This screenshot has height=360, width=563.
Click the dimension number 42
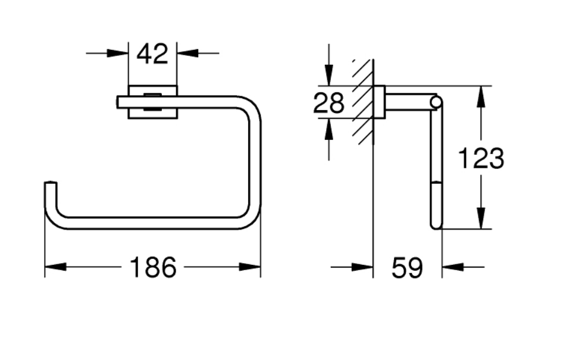[152, 54]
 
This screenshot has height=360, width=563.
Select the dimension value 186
[152, 267]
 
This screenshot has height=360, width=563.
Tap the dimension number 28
[329, 103]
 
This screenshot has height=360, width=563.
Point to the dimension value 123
[481, 158]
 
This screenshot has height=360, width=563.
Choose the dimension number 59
[407, 268]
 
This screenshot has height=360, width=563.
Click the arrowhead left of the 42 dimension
[118, 53]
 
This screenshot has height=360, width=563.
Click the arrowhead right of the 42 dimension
[187, 53]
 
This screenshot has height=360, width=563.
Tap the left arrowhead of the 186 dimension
[55, 267]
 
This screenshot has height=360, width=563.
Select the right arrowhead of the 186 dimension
[250, 267]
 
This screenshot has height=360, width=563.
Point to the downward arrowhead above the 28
[329, 75]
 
